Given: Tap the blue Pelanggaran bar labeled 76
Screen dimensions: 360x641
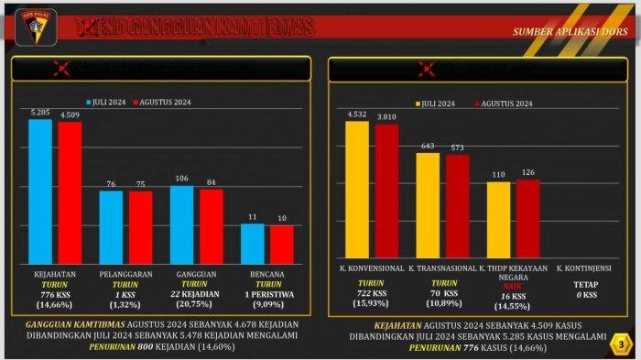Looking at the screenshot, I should coord(111,226).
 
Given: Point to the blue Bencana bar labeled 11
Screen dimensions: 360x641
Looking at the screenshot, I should coord(252,243).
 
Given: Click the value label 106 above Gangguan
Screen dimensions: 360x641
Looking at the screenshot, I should coord(182,179).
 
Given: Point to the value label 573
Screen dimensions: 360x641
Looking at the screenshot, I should coord(457,147).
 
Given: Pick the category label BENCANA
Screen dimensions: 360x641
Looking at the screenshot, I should coord(266,274).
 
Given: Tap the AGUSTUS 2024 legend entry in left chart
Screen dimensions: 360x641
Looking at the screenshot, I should coord(166,103).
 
